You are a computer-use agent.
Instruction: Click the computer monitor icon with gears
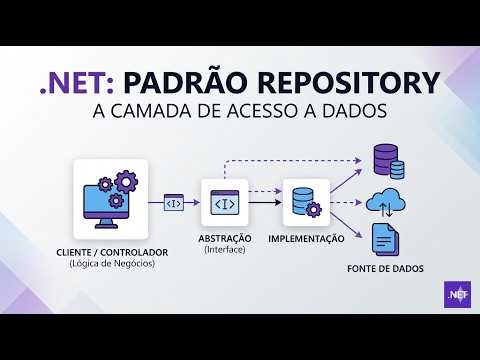coord(111,195)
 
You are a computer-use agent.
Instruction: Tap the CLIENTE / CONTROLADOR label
coord(110,252)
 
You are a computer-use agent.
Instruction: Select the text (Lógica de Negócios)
coord(110,264)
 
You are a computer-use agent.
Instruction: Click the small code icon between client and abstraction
coord(174,203)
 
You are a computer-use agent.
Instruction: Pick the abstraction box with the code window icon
coord(225,202)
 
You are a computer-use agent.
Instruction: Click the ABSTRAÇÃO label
coord(225,240)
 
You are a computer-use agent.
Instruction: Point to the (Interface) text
coord(225,251)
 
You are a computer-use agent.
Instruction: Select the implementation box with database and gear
coord(305,202)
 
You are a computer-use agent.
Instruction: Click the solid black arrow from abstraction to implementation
coord(264,203)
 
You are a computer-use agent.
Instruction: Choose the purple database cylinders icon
coord(386,161)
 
